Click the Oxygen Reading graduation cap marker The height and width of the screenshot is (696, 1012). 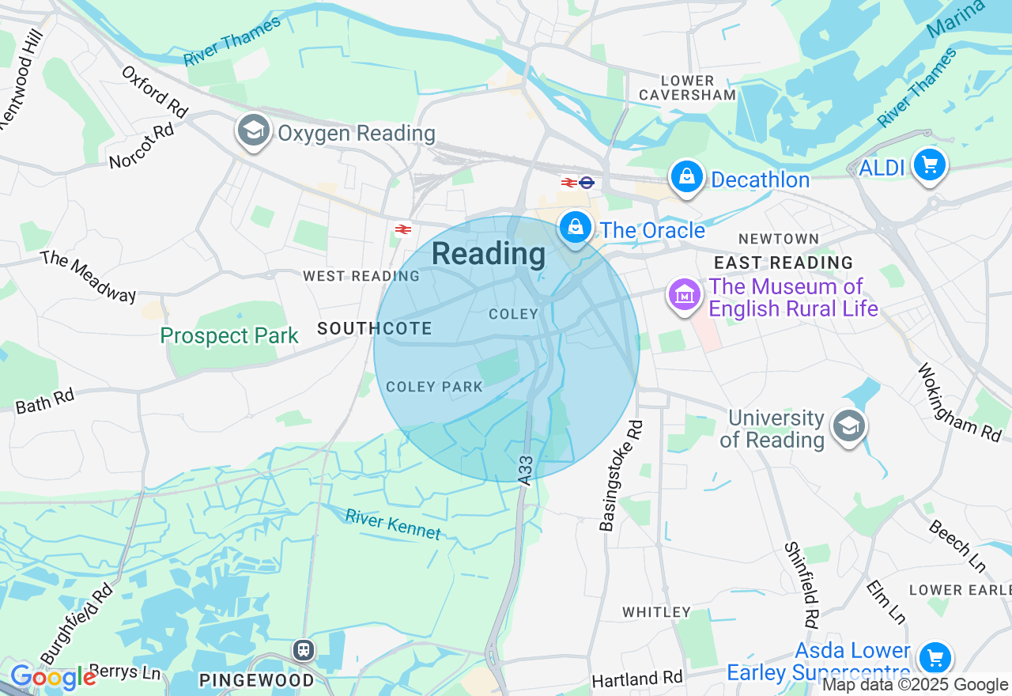[x=253, y=130]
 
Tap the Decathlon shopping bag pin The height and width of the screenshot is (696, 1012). [x=687, y=177]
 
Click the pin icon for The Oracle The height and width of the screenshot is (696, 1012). [x=576, y=227]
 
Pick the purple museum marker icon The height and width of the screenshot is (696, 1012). [x=685, y=295]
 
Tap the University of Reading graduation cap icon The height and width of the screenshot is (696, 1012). [x=848, y=426]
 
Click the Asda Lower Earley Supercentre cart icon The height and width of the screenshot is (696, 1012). [x=935, y=657]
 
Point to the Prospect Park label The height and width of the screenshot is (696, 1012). [x=229, y=336]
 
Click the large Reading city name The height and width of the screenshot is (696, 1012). [x=489, y=254]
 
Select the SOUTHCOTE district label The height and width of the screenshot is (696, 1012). [x=375, y=328]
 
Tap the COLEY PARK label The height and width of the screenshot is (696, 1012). [x=434, y=387]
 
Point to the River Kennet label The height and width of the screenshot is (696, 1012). [x=393, y=524]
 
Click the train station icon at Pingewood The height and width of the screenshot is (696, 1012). [x=303, y=650]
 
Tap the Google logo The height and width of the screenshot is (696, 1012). [x=52, y=678]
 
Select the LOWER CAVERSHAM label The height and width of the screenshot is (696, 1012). [x=687, y=88]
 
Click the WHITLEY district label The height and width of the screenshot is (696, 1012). [x=656, y=612]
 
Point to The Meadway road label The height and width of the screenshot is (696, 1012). [x=88, y=276]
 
